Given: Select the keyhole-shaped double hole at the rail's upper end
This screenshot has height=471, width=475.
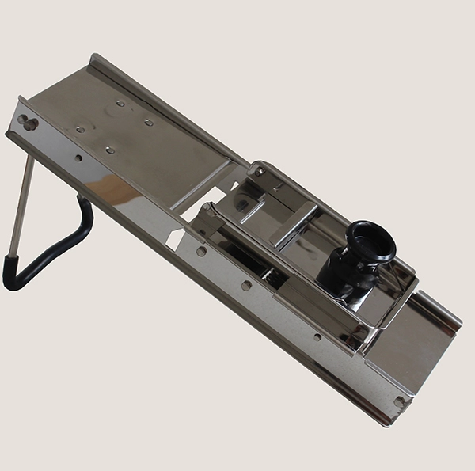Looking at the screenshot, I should [28, 123].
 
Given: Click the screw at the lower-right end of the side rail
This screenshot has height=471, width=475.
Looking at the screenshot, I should [399, 401].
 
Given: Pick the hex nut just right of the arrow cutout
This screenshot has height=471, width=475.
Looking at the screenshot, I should [201, 251].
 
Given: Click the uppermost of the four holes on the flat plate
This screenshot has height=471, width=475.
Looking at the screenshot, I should [120, 103].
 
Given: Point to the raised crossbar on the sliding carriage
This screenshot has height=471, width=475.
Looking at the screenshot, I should [294, 222].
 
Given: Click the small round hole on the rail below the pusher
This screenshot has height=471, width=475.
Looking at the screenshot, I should [317, 336].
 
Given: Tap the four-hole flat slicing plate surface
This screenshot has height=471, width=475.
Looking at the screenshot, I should [142, 142].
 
